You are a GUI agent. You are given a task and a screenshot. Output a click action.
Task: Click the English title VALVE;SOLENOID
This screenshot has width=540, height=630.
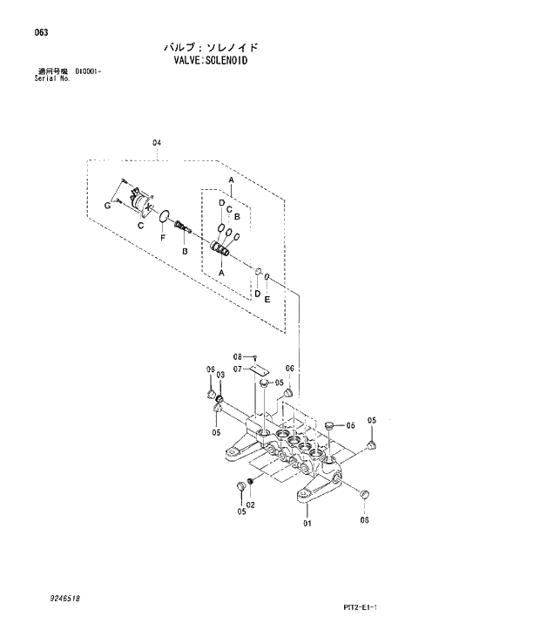coord(211,61)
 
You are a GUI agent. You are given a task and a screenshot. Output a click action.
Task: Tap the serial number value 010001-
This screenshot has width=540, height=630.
coord(88,71)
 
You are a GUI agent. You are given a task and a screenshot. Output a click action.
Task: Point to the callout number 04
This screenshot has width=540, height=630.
coord(157,142)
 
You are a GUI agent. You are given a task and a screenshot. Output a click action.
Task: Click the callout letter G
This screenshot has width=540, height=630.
coord(107,205)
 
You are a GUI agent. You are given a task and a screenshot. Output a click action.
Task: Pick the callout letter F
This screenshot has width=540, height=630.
coord(162,237)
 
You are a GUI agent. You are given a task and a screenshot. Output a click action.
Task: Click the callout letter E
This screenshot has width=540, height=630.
coord(267,299)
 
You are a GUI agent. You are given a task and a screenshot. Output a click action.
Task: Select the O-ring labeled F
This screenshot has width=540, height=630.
coord(162,215)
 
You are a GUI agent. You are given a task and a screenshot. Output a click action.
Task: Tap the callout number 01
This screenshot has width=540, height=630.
coord(307,523)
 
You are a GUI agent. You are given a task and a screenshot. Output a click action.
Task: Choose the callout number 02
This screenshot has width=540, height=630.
coord(250,505)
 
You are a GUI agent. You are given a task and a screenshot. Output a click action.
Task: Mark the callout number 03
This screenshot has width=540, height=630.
coord(220,375)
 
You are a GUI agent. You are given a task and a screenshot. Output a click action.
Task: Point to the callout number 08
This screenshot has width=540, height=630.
coord(236,356)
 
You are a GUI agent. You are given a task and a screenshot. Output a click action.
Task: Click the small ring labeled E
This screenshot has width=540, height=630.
coord(268,278)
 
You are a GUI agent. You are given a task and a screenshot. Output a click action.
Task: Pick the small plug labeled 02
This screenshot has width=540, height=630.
coord(251,481)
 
